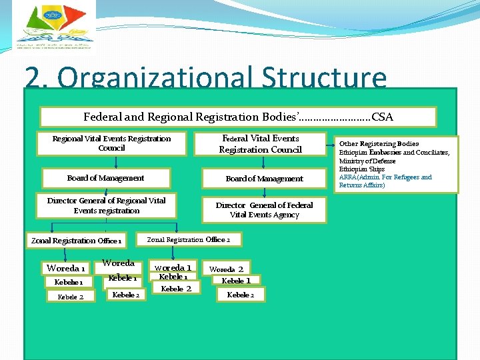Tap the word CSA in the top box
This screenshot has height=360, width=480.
(x=383, y=117)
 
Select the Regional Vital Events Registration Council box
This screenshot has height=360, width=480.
(x=111, y=143)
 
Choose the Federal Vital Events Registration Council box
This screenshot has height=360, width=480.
(x=260, y=144)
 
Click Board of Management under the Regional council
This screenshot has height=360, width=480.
(x=105, y=179)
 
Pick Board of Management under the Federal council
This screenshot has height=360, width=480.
(x=264, y=179)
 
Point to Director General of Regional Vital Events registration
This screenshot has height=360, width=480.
(x=107, y=205)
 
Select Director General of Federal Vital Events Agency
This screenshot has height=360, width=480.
(x=264, y=210)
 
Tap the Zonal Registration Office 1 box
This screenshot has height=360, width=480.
(x=76, y=241)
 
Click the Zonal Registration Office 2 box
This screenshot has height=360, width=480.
(x=189, y=239)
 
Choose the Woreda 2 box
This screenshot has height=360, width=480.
(x=227, y=269)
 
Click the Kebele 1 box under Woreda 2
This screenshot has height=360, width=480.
(x=236, y=281)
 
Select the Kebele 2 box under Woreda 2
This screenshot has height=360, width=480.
(x=241, y=295)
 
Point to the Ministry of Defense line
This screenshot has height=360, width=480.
(x=367, y=161)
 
